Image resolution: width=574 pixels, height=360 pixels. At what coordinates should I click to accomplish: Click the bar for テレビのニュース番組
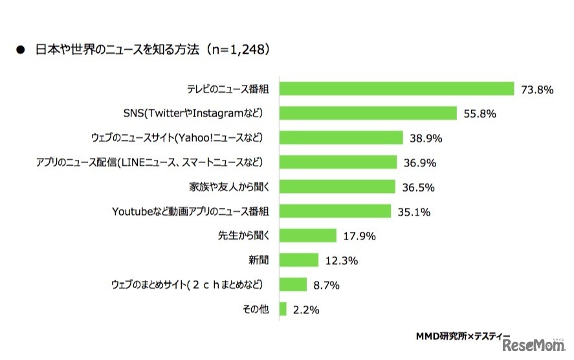click(x=396, y=89)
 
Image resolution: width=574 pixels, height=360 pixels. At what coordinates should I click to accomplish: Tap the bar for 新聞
click(x=298, y=260)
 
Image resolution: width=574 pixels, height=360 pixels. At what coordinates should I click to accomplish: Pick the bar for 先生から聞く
click(x=307, y=236)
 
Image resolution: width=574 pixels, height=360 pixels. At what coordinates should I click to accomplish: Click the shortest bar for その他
click(x=282, y=309)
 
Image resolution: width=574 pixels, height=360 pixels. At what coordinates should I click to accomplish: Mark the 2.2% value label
click(x=305, y=310)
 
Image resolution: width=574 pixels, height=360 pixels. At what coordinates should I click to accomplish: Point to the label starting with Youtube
click(x=190, y=212)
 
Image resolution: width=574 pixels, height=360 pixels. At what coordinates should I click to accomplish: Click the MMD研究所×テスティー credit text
click(x=463, y=337)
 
